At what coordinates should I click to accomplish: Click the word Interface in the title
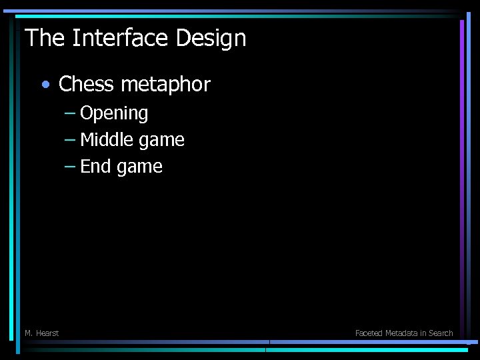coord(121,38)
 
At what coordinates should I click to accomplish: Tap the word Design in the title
coord(211,38)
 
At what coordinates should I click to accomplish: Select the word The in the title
coord(45,38)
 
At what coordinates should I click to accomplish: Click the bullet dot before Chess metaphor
coord(45,85)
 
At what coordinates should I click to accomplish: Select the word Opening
coord(114,114)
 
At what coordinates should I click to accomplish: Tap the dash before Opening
coord(70,113)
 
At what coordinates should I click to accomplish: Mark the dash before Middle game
coord(70,140)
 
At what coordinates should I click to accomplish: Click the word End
coord(95,167)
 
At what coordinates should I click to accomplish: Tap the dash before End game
coord(70,167)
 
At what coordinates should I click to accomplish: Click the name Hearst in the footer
coord(47,333)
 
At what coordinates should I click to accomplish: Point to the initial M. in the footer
coord(29,333)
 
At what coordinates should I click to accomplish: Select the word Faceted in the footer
coord(369,333)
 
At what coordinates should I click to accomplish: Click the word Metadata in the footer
coord(403,333)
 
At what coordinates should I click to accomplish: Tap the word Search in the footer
coord(441,333)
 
